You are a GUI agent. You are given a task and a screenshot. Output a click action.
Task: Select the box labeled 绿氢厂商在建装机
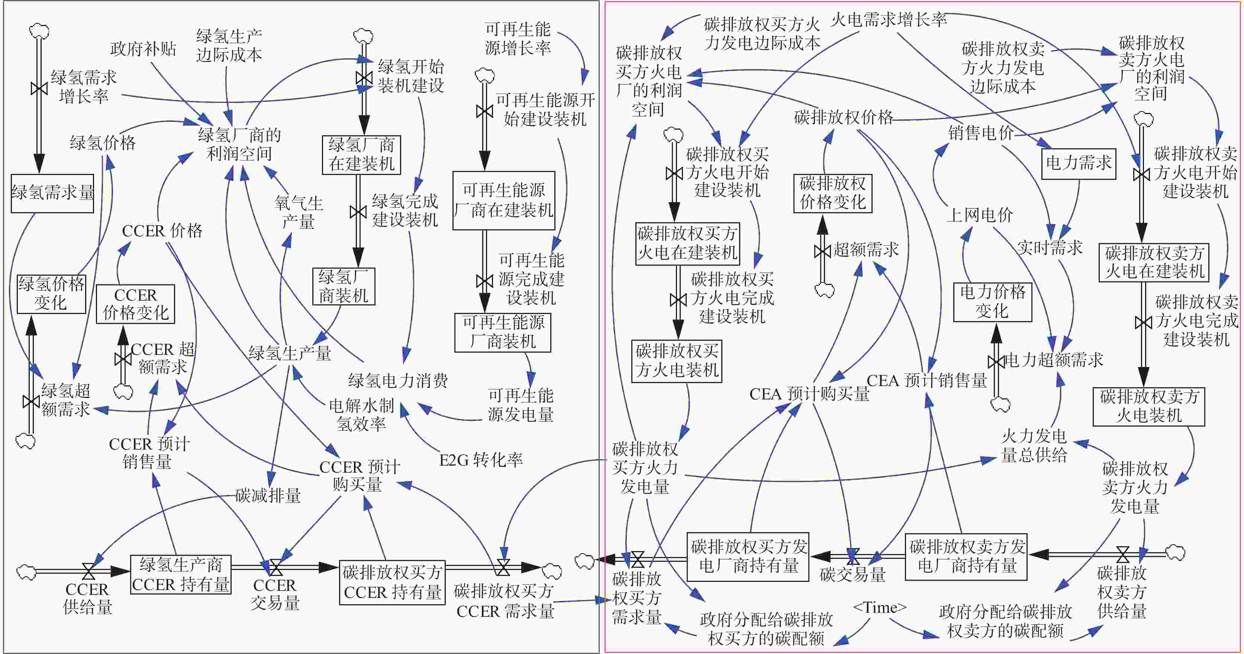coord(361,155)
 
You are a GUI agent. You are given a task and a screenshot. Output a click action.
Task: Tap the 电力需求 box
coord(1078,163)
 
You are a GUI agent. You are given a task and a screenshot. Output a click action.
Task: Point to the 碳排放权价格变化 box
coord(832,193)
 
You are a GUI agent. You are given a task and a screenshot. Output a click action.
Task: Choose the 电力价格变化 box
coord(992,302)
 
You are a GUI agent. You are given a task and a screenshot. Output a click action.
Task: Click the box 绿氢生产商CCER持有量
coord(181,574)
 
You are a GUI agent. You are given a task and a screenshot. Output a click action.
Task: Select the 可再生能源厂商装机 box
coord(503,333)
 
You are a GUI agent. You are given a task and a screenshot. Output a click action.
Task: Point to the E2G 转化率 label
coord(480,460)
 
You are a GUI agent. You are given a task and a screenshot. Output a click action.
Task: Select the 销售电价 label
coord(980,133)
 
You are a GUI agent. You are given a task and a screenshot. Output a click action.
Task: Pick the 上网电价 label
coord(979,215)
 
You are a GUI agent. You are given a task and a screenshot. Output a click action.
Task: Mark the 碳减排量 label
coord(268,496)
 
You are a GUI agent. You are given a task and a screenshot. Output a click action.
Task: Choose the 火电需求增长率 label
coord(889,20)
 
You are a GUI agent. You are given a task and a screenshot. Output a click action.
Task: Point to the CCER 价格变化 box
coord(135,304)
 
